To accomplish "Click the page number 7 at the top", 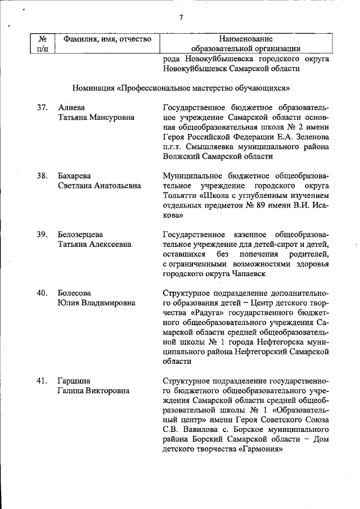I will click(181, 17).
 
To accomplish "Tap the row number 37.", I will click(42, 107).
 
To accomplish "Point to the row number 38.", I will click(42, 175).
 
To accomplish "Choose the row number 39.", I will click(42, 233).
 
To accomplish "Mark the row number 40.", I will click(42, 293).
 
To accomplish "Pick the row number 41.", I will click(42, 381).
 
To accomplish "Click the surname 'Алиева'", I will click(72, 107).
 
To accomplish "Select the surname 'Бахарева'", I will click(76, 175).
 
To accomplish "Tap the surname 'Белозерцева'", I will click(82, 233).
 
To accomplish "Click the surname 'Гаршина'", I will click(74, 381).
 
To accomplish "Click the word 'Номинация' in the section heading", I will click(93, 88).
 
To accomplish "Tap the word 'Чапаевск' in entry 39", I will click(248, 273).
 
